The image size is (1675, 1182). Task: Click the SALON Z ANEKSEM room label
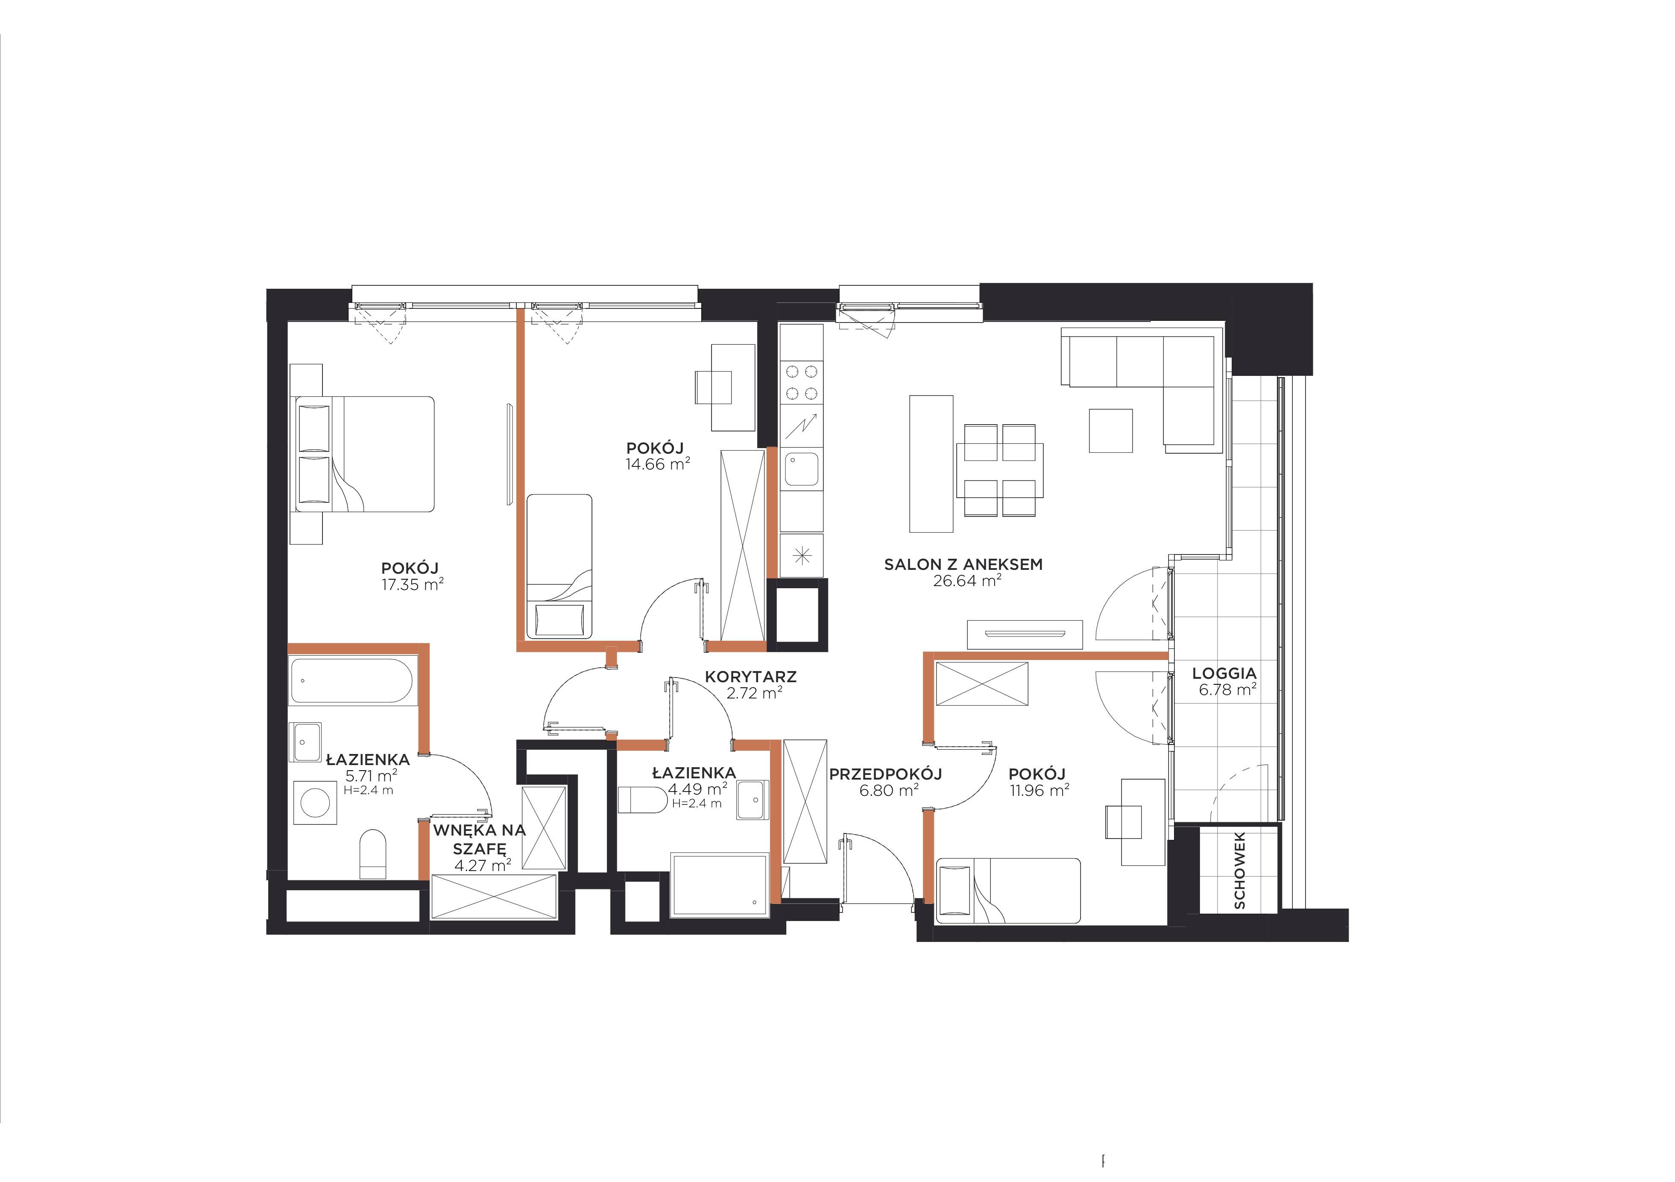point(963,564)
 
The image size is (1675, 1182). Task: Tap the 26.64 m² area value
point(966,581)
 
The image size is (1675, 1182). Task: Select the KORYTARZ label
point(751,677)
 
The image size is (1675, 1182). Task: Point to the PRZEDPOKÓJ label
point(886,774)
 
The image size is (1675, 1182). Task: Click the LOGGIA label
point(1224,674)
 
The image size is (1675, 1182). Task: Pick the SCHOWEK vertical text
point(1239,871)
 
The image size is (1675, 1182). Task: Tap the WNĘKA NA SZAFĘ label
point(479,839)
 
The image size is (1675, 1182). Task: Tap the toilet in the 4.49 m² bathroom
point(642,800)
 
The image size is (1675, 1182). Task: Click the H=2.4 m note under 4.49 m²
point(697,804)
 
